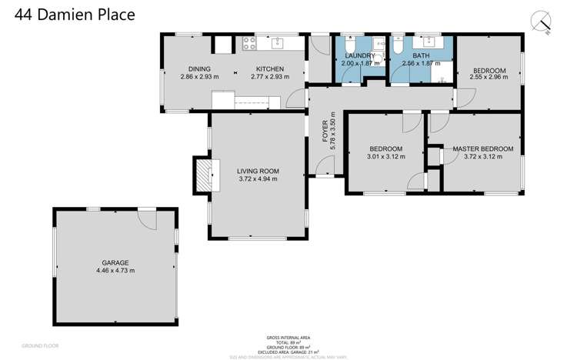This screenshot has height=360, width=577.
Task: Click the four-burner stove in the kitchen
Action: (249, 43)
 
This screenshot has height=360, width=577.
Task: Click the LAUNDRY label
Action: (360, 55)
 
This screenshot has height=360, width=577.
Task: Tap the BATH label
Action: (420, 55)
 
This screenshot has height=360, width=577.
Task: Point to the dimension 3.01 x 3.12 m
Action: (385, 157)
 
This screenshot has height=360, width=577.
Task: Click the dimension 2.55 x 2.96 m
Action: (489, 78)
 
